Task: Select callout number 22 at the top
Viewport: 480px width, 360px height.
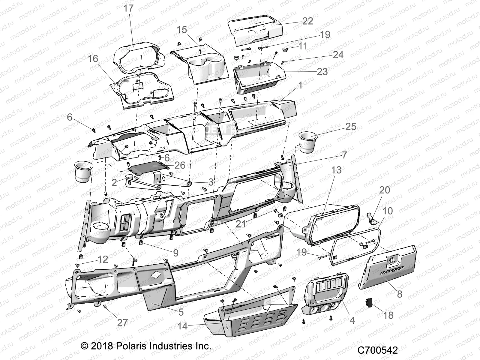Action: point(307,21)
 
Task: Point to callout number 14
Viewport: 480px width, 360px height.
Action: point(182,326)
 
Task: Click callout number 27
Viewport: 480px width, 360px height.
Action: point(122,322)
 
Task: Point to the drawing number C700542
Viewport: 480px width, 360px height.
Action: point(377,350)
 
